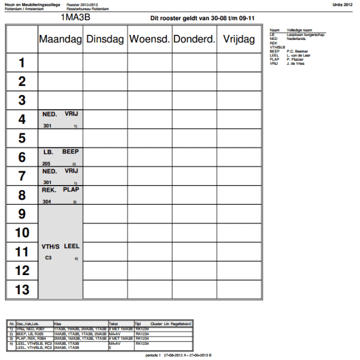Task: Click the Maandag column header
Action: (x=60, y=39)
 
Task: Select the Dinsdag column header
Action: (x=105, y=39)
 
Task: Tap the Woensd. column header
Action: (x=150, y=39)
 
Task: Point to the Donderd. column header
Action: (x=194, y=39)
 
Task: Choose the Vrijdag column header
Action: (x=240, y=39)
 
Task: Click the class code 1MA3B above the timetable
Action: (x=75, y=17)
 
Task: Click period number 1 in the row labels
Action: (x=22, y=62)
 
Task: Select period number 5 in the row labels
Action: (x=22, y=138)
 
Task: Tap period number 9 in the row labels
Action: (x=22, y=214)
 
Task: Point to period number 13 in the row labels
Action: (x=22, y=290)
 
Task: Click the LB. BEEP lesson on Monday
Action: (x=61, y=157)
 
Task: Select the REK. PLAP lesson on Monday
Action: (x=61, y=195)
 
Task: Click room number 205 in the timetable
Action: (x=46, y=164)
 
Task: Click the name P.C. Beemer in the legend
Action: (x=298, y=51)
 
